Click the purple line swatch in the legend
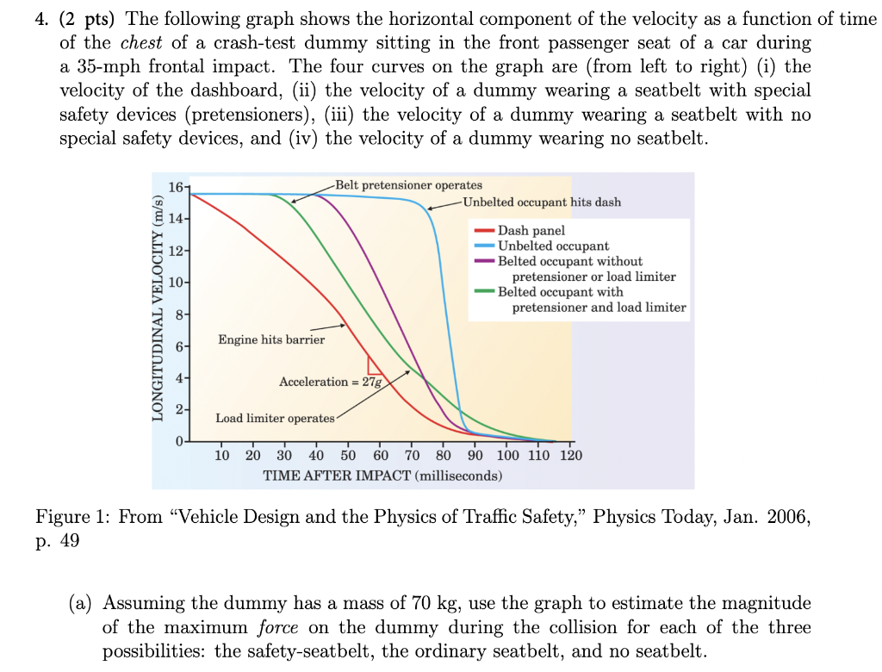pos(484,262)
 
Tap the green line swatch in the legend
pos(484,293)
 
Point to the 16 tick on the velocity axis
pos(176,188)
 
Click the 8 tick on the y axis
pos(176,314)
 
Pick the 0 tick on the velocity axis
pos(177,441)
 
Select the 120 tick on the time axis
pos(570,456)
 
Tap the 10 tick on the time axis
pos(221,456)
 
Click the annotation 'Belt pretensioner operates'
pos(409,185)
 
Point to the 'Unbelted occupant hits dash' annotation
pos(542,202)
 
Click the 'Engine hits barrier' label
pos(271,340)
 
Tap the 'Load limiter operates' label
pos(275,419)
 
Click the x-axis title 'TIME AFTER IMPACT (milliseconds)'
pos(382,476)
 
